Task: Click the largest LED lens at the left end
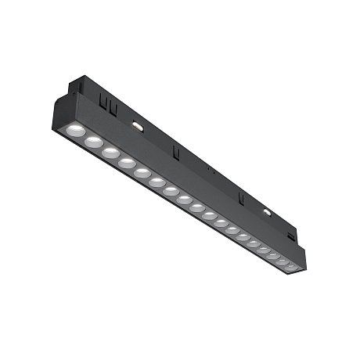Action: click(74, 129)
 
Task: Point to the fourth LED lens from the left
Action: click(126, 162)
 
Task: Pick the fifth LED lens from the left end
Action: click(142, 172)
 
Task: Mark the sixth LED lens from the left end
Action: click(157, 182)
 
